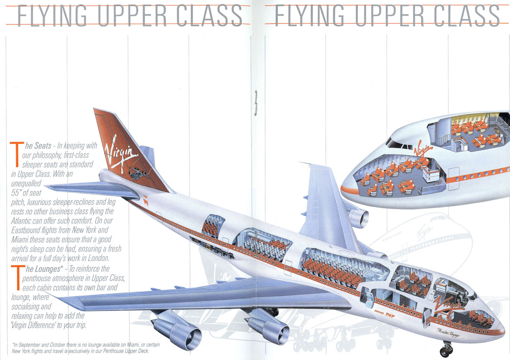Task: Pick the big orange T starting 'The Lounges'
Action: [17, 276]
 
